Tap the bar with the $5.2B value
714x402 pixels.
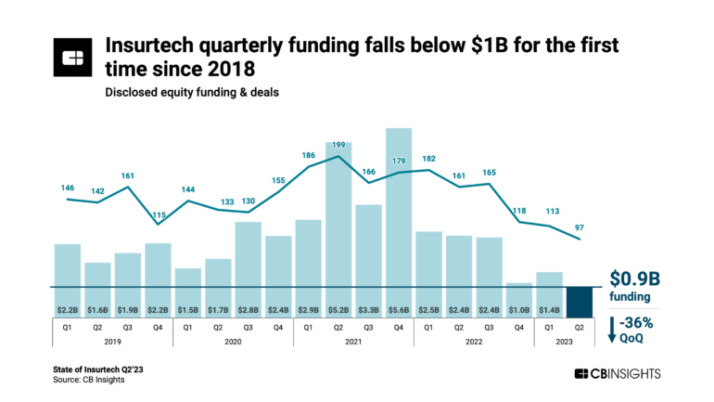coord(338,214)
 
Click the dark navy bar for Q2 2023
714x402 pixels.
coord(580,301)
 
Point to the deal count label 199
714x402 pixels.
coord(338,145)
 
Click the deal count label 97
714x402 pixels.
coord(580,228)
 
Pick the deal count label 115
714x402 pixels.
coord(158,214)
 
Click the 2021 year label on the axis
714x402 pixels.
coord(353,341)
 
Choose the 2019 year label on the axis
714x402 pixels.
coord(112,341)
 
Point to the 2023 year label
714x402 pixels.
coord(564,341)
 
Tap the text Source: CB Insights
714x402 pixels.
coord(89,379)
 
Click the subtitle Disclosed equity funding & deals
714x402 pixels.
coord(183,92)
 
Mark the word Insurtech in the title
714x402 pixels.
coord(155,45)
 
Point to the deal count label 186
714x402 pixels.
coord(308,156)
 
